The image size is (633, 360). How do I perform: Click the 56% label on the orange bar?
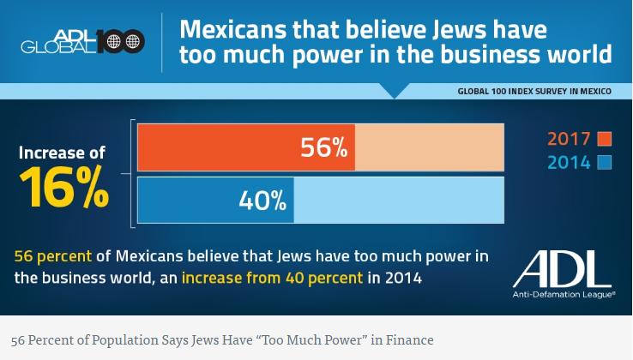point(323,147)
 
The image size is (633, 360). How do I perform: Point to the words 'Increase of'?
point(63,153)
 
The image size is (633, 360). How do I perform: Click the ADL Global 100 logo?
point(82,40)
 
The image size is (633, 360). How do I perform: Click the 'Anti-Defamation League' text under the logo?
point(564,294)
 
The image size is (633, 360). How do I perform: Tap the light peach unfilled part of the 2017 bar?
point(429,147)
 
